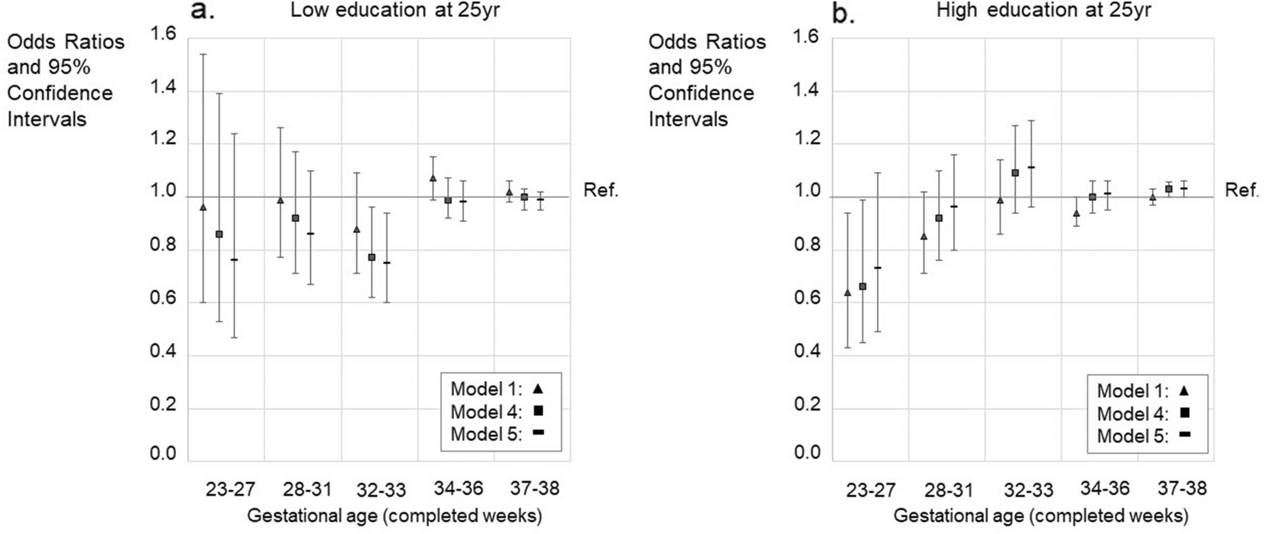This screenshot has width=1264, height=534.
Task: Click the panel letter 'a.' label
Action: coord(202,11)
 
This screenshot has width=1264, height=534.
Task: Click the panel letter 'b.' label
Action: coord(843,13)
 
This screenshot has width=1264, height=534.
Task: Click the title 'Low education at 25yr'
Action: coord(395,10)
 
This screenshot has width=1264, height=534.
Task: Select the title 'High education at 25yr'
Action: coord(1044,10)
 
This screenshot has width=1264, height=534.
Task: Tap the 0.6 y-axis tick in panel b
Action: coord(808,299)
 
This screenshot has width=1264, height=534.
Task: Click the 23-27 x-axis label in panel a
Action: coord(230,489)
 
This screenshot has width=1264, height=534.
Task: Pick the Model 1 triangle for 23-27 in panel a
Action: coord(203,207)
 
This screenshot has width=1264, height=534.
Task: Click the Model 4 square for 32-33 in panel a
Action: coord(372,257)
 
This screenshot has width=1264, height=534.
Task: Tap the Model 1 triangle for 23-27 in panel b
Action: coord(847,292)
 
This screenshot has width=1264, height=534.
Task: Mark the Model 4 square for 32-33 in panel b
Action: coord(1015,173)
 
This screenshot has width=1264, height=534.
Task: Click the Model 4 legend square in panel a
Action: coord(538,411)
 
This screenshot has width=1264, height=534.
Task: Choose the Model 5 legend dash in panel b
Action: coord(1185,435)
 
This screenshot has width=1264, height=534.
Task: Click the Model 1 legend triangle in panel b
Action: coord(1184,391)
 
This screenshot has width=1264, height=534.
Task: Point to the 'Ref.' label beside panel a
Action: coord(601,190)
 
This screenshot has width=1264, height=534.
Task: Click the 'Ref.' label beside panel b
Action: coord(1242,190)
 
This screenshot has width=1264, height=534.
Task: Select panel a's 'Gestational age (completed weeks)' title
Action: coord(394,516)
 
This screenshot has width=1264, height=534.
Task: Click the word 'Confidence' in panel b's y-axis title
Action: coord(701,93)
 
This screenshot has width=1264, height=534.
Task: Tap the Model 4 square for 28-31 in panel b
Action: coord(939,218)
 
